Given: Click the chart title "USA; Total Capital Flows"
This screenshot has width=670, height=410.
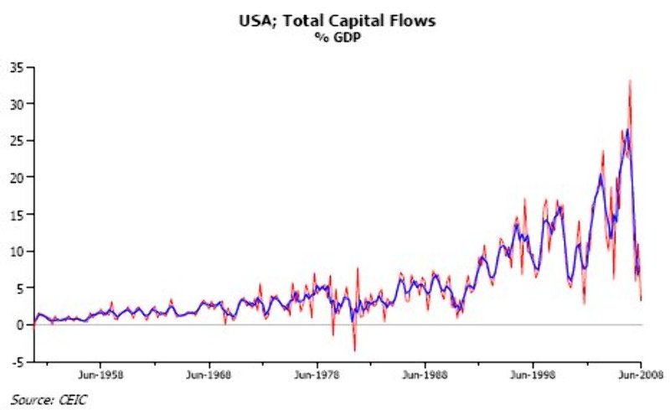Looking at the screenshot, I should [334, 22].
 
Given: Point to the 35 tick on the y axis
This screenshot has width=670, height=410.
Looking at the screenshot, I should [16, 67].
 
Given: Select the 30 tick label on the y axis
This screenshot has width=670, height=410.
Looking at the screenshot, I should [16, 104].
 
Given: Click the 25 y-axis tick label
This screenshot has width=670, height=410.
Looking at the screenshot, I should [16, 141].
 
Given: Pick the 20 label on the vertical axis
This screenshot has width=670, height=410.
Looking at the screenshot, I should [16, 178].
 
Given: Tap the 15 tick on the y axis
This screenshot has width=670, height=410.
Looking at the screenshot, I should [16, 215].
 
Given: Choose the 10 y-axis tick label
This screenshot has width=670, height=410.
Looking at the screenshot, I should [16, 252].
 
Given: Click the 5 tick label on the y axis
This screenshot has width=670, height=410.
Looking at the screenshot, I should [19, 288].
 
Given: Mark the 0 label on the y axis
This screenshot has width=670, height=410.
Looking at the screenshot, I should [19, 324].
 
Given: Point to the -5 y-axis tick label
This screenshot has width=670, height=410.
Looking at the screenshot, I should [17, 361].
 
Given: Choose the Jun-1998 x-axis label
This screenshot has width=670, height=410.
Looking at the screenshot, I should [533, 376].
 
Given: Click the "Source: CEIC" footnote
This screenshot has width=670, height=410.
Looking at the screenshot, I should [49, 399].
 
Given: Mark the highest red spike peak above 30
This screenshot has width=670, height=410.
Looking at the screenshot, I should [629, 80].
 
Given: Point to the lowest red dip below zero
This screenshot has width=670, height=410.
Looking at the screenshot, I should [354, 350].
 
